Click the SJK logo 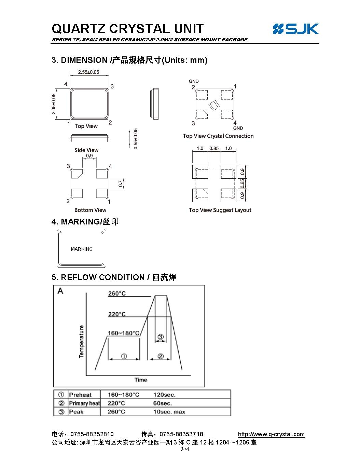(296, 29)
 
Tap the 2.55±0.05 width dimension (88, 72)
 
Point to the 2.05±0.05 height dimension (54, 104)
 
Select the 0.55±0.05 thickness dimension (135, 139)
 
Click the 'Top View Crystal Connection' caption (218, 136)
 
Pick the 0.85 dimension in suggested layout (214, 148)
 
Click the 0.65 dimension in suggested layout (242, 183)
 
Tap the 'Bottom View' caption (90, 210)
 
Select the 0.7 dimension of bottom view (121, 183)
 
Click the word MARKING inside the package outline (82, 249)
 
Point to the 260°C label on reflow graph (117, 293)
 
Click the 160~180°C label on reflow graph (124, 333)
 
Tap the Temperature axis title (82, 342)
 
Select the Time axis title (141, 380)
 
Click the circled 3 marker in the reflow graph (161, 337)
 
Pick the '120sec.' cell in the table (164, 395)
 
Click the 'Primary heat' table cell (84, 403)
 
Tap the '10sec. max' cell (169, 412)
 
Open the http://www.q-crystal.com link (271, 434)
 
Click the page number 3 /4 (185, 449)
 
